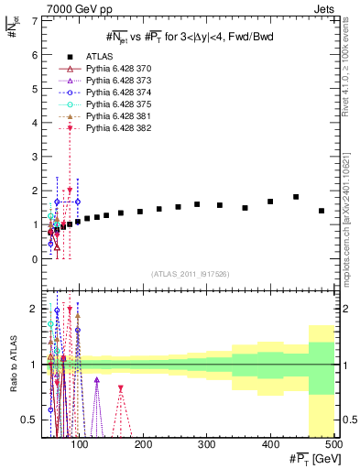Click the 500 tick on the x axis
click(333, 446)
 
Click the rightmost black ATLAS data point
click(322, 211)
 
